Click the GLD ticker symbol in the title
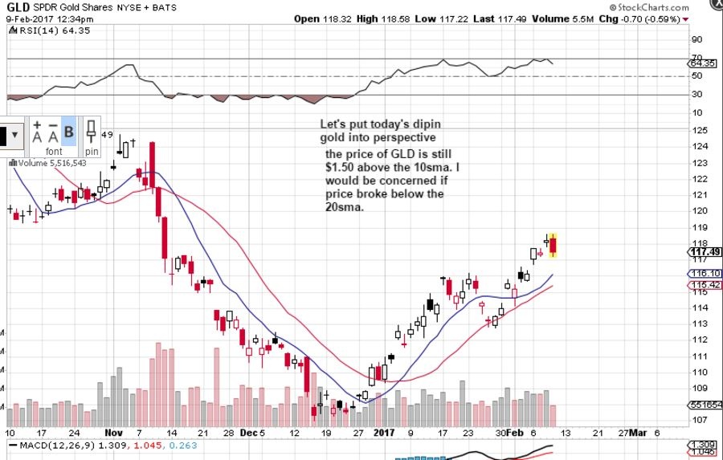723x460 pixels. tap(18, 7)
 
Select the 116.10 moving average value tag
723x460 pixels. tap(705, 274)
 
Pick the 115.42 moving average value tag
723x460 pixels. tap(705, 285)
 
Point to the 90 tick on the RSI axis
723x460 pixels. tap(696, 39)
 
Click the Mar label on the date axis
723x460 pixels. tap(637, 433)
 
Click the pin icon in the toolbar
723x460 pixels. tap(92, 135)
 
